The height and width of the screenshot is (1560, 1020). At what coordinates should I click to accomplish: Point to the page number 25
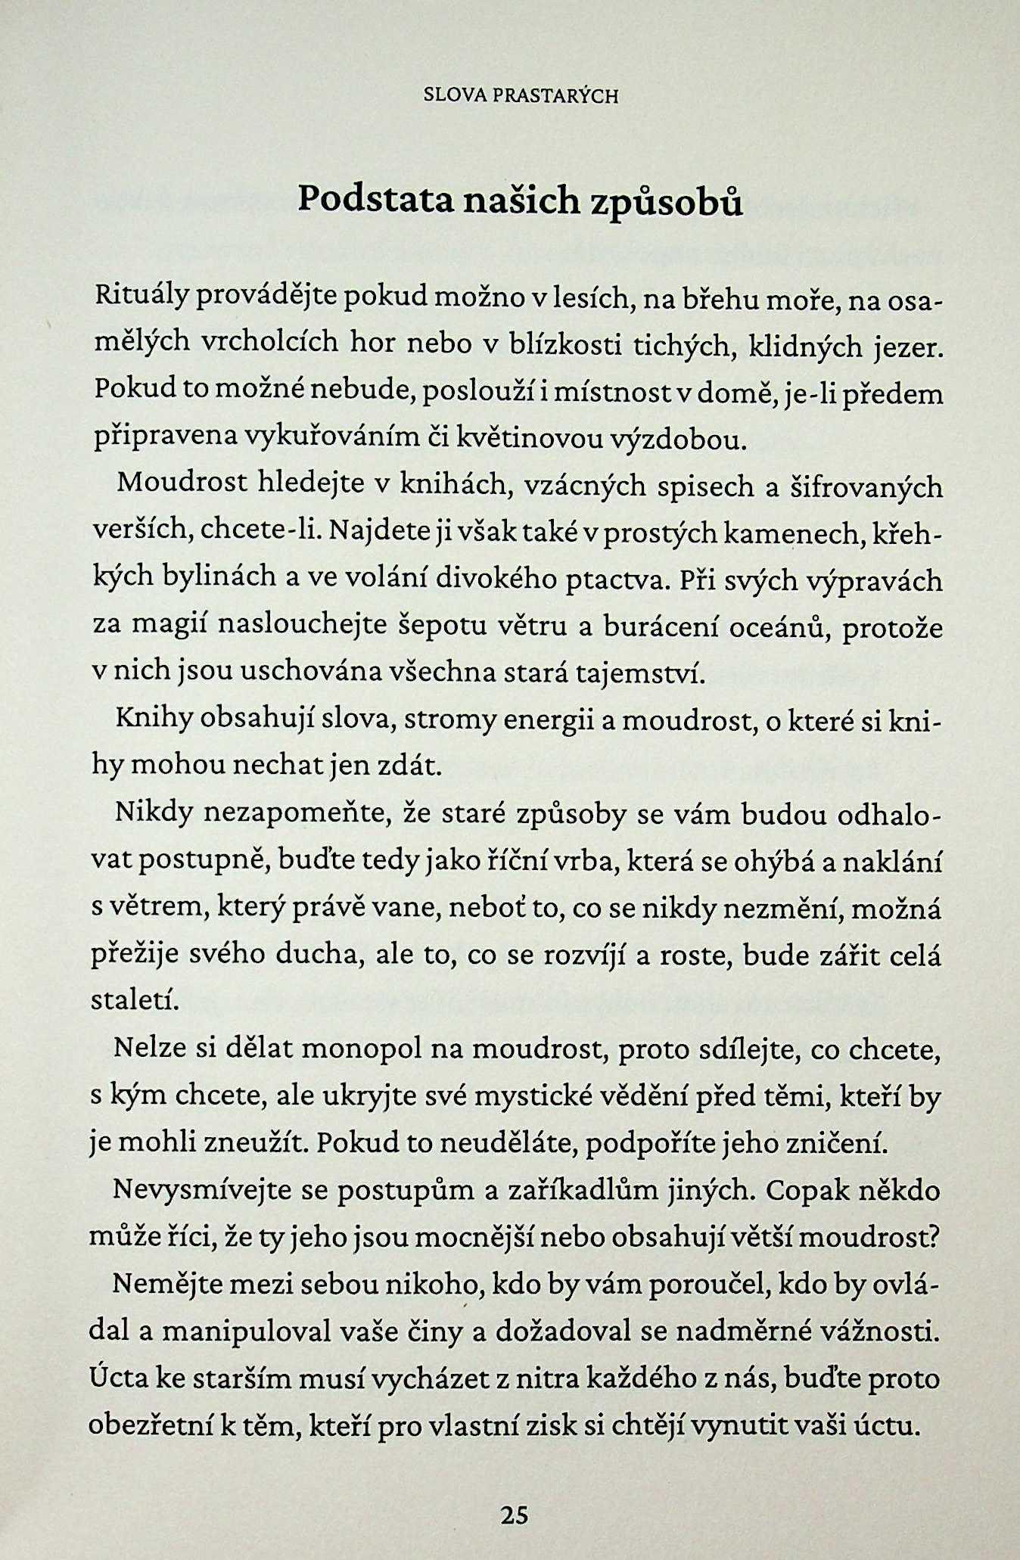click(x=514, y=1515)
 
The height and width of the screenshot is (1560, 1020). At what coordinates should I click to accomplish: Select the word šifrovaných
click(x=866, y=486)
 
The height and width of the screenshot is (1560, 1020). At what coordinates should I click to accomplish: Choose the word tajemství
click(x=640, y=673)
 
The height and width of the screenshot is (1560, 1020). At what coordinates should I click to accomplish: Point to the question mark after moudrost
click(x=934, y=1237)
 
